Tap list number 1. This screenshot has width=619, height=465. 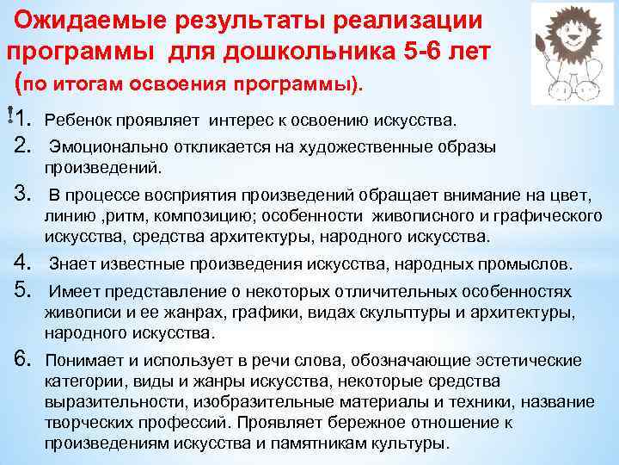(25, 118)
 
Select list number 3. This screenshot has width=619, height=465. (24, 193)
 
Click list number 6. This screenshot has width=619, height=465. (24, 360)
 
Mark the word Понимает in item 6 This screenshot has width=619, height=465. (86, 360)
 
